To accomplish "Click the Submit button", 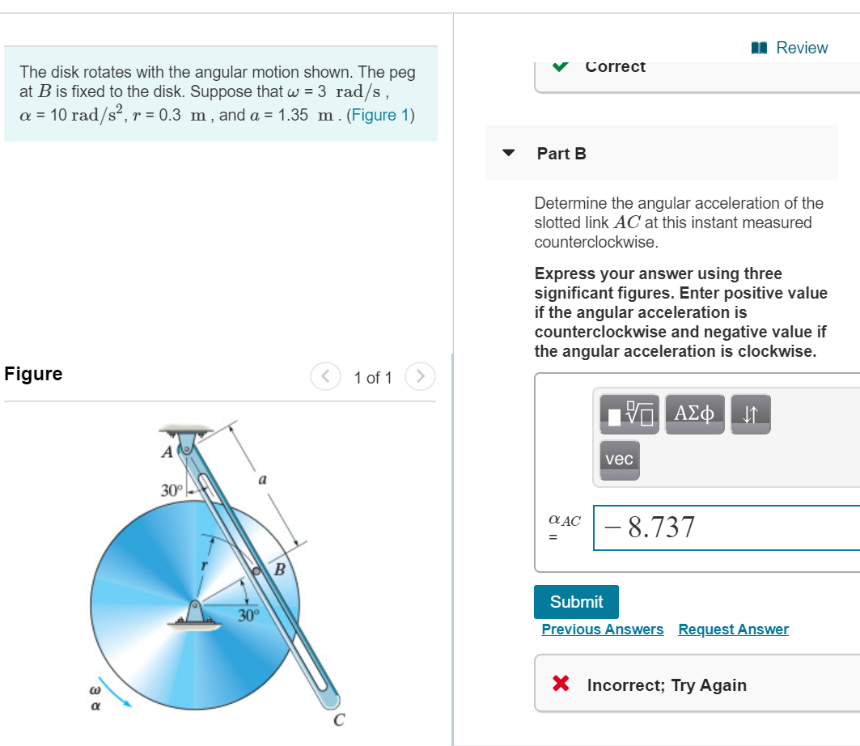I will point(576,602).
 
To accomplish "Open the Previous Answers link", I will point(602,629).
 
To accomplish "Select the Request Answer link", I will point(733,629).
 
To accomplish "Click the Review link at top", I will point(792,48).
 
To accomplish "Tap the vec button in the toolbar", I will point(619,460).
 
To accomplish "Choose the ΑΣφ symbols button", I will point(694,413).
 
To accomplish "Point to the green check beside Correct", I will point(561,66).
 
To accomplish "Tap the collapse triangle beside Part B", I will point(509,153).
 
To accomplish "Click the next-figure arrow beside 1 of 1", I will point(420,377).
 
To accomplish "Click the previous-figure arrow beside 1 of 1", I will point(325,377).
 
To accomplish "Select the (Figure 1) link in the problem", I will point(380,115).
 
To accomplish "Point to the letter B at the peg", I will point(280,570).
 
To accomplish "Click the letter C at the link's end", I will point(339,718).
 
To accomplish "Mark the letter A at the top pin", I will point(167,452).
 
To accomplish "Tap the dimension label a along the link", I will point(262,481).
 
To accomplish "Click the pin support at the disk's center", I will point(195,612).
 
